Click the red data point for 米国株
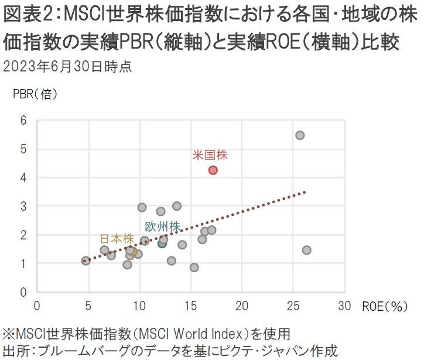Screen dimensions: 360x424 point(213,170)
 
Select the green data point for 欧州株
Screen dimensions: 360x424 point(162,243)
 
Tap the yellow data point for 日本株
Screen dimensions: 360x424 point(135,252)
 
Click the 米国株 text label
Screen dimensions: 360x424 point(210,156)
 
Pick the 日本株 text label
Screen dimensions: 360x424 point(117,239)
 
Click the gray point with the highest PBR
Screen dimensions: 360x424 point(300,135)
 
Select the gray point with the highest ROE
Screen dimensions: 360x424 point(306,250)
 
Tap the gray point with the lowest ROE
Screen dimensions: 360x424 point(86,260)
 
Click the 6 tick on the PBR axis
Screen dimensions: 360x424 point(23,121)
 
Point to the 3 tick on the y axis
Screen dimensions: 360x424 point(23,207)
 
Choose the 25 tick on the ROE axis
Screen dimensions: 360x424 point(293,305)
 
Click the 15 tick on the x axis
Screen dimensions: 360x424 point(190,305)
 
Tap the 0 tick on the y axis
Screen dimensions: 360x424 point(23,292)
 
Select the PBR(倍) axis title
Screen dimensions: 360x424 point(35,94)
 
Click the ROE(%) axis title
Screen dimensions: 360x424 point(384,305)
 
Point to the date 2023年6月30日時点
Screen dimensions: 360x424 point(67,66)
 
